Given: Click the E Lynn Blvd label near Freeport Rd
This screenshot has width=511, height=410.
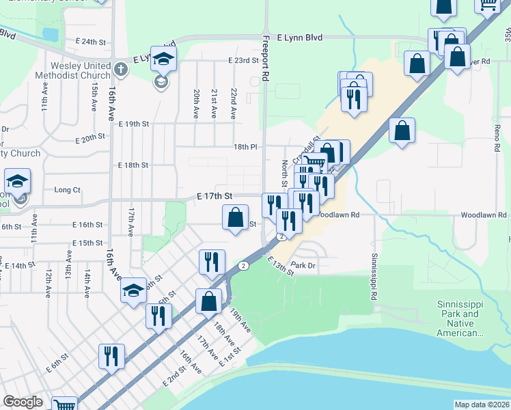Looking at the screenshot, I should tap(300, 38).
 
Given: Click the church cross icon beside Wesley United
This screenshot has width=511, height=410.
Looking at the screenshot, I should tap(120, 69).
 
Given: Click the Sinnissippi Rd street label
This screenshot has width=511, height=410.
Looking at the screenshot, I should tap(374, 277).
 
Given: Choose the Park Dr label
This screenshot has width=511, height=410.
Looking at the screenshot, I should tap(302, 264).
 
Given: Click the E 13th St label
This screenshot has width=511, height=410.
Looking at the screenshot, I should tap(280, 266).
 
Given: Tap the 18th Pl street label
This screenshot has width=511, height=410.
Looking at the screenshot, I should tap(245, 147).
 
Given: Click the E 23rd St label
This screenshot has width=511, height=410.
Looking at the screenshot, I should tap(243, 61).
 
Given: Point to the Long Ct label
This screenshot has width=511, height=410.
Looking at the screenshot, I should tap(67, 190).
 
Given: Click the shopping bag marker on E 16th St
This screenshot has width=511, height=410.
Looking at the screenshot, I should tap(235, 219).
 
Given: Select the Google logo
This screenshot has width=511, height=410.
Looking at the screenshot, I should tap(23, 402).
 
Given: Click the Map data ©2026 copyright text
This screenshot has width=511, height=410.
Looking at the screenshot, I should tap(482, 405).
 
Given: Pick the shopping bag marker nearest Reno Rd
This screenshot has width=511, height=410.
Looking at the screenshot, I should tap(403, 131).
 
